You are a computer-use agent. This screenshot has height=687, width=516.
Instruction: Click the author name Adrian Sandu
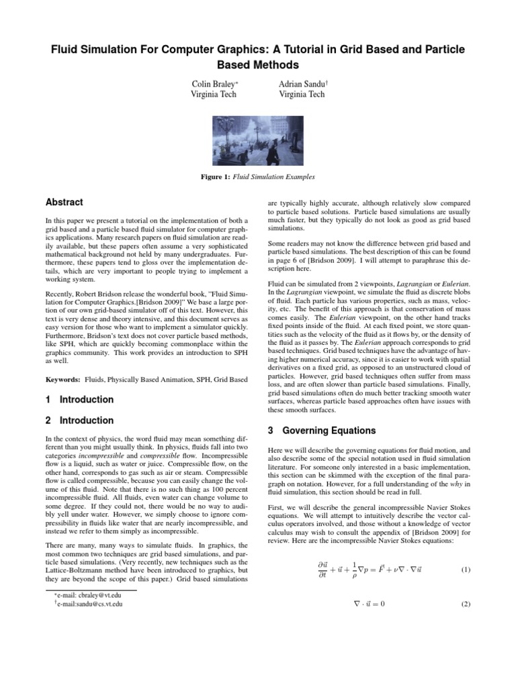point(300,84)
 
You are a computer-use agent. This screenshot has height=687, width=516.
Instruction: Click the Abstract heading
point(64,202)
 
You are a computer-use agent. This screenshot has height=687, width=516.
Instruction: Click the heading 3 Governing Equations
point(316,430)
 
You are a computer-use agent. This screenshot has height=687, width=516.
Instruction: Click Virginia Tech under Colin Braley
point(214,95)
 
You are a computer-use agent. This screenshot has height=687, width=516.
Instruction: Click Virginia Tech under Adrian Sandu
point(301,95)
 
